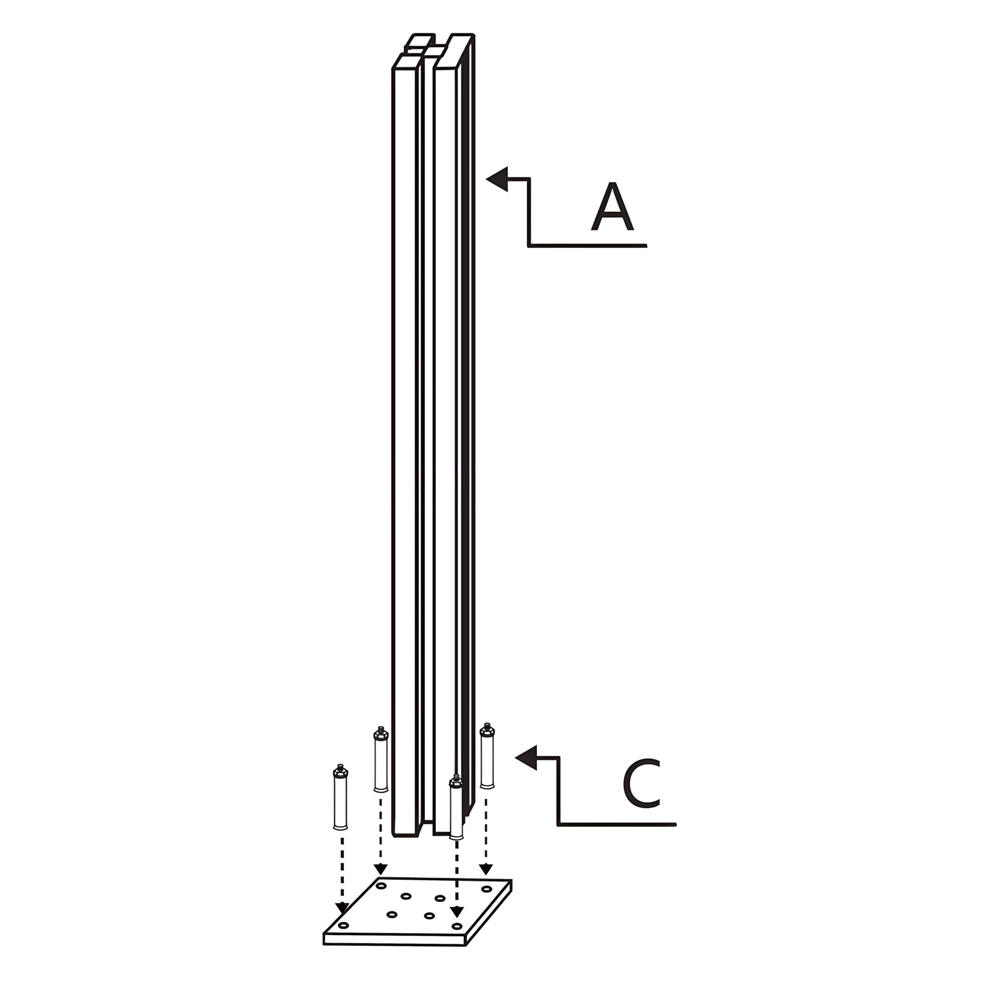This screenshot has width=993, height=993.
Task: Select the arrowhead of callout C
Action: coord(526,757)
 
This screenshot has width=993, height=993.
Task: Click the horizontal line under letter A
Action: coord(587,245)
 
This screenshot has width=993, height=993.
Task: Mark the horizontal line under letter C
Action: coord(617,824)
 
